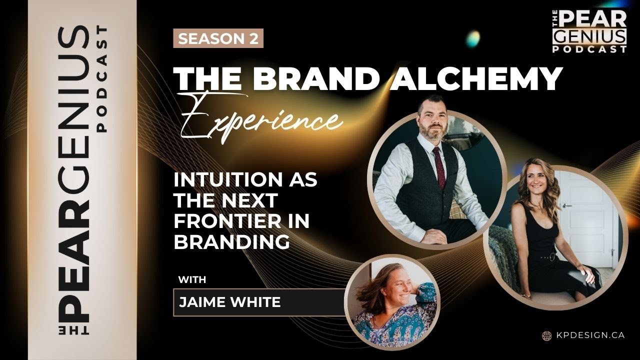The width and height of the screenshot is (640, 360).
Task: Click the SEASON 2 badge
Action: click(x=218, y=39)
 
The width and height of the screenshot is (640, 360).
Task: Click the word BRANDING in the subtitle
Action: click(x=231, y=241)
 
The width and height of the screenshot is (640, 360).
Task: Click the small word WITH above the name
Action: click(x=192, y=280)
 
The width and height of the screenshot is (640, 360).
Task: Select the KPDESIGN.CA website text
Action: click(x=589, y=335)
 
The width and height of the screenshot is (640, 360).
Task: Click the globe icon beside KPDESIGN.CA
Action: click(x=546, y=335)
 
